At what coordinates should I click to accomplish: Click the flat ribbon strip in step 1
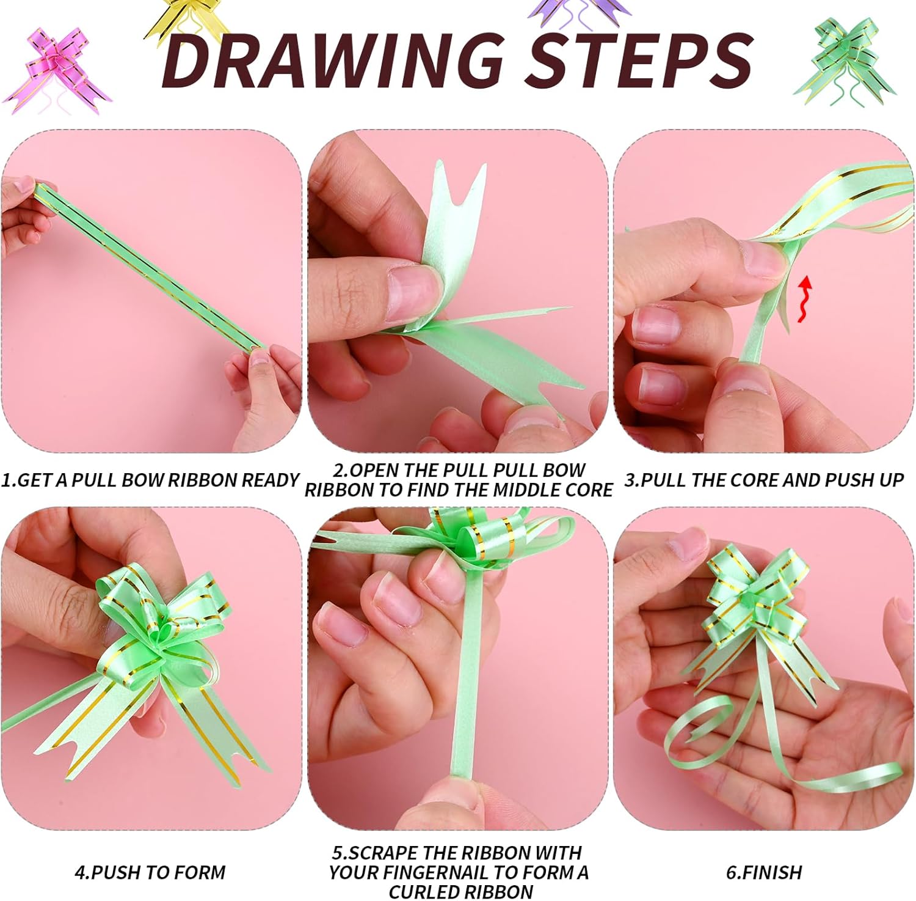[x=149, y=267]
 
